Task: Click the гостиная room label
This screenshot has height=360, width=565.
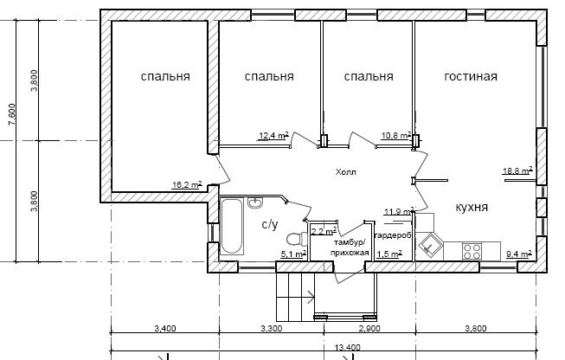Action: (x=471, y=76)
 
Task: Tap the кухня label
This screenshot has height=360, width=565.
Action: (x=472, y=207)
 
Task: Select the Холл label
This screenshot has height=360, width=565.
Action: (x=346, y=172)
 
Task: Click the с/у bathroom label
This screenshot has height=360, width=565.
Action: (x=270, y=224)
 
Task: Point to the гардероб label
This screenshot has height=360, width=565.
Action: (x=393, y=235)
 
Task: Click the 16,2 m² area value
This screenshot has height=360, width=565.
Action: (x=187, y=185)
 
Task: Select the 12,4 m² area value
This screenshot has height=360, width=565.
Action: (x=274, y=136)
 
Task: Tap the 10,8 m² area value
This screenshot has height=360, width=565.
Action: (x=396, y=136)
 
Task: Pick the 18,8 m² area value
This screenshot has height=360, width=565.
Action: (x=517, y=170)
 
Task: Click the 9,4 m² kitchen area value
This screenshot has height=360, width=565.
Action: (x=519, y=254)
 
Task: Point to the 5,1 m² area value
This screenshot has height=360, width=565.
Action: (x=293, y=254)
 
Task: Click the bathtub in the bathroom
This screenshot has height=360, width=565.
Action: (x=231, y=226)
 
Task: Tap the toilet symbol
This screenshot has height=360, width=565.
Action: (x=297, y=240)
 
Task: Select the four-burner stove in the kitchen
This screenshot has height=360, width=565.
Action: (x=472, y=251)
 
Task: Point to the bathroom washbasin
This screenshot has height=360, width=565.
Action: (x=255, y=202)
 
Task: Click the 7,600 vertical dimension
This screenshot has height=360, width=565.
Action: (x=12, y=114)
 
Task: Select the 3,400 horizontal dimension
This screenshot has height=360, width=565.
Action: (x=165, y=328)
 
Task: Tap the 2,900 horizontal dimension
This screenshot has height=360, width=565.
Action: (x=369, y=328)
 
